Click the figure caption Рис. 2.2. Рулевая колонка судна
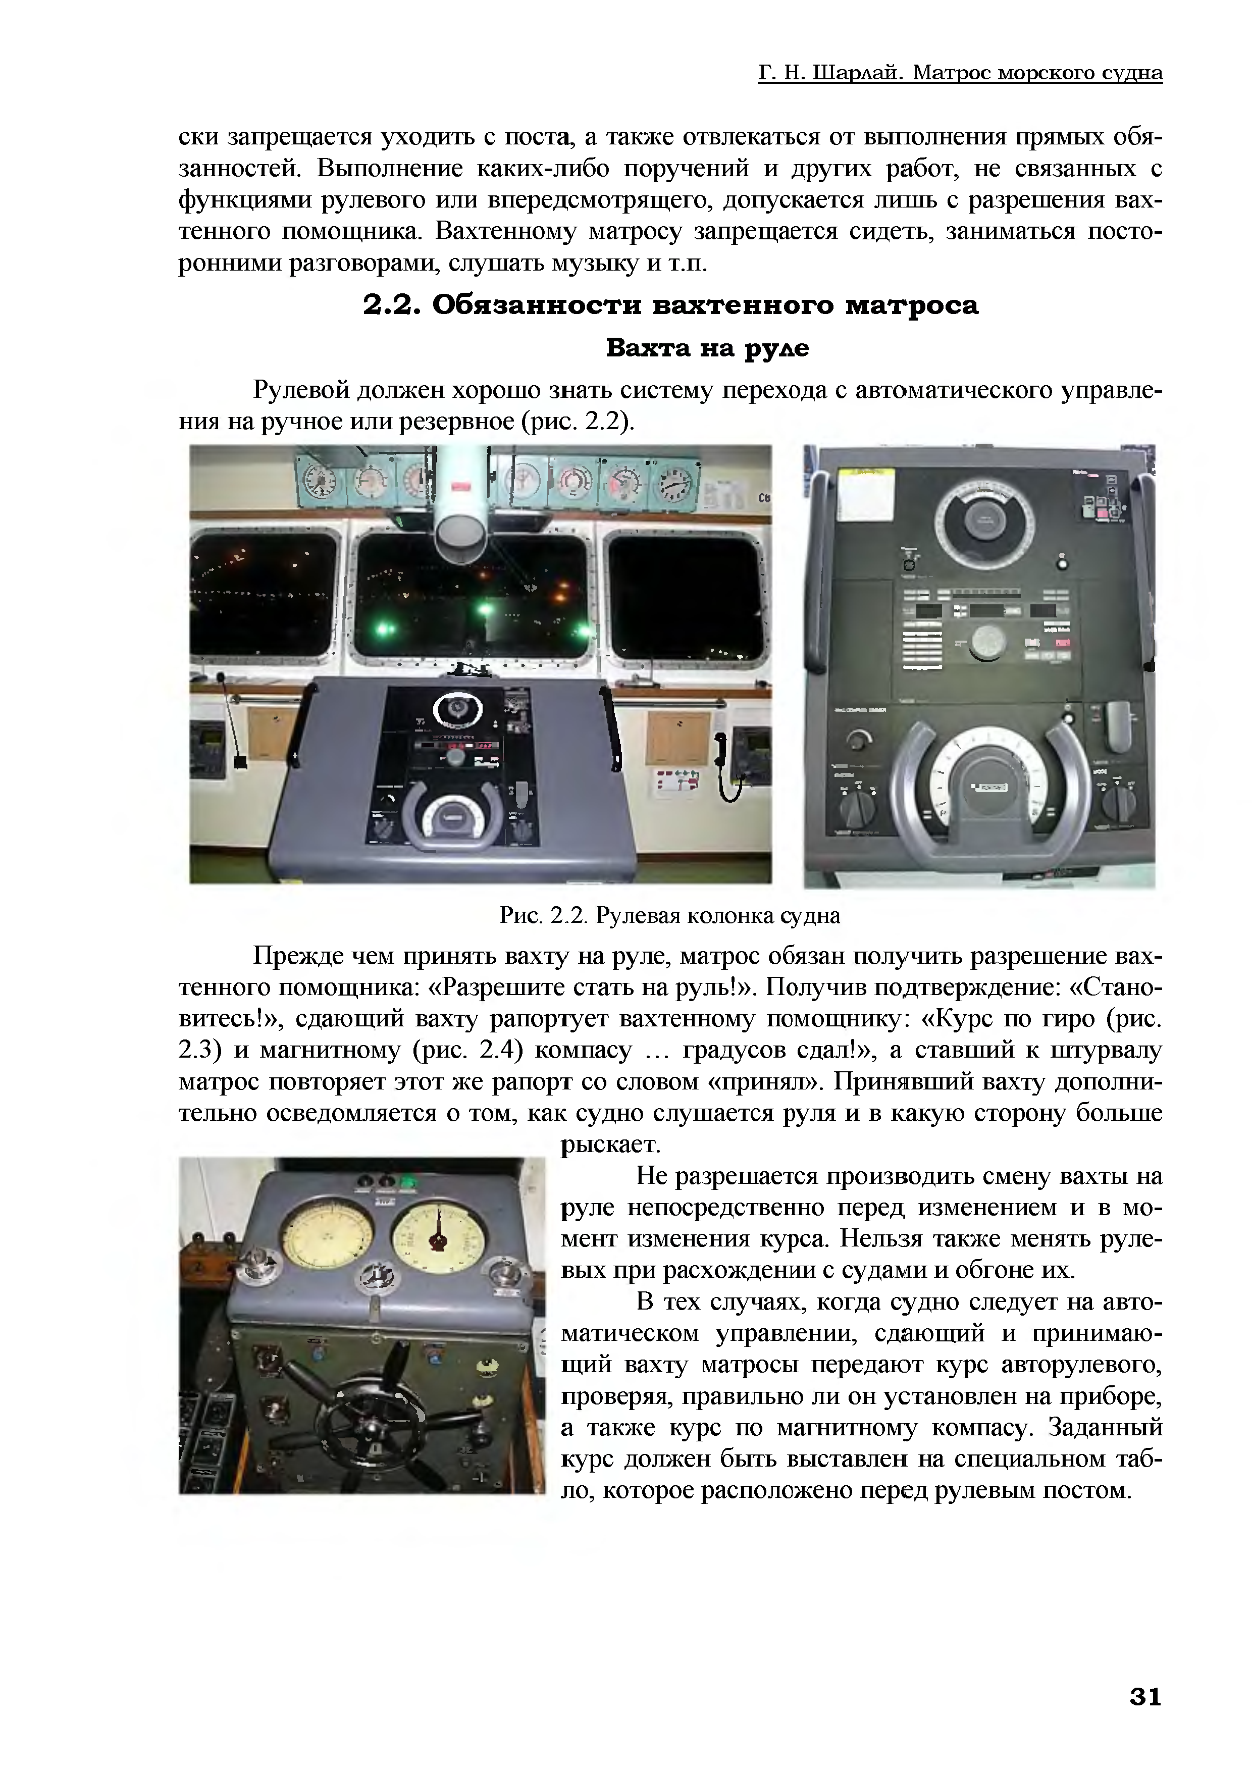pos(669,916)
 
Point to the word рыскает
pos(611,1144)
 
